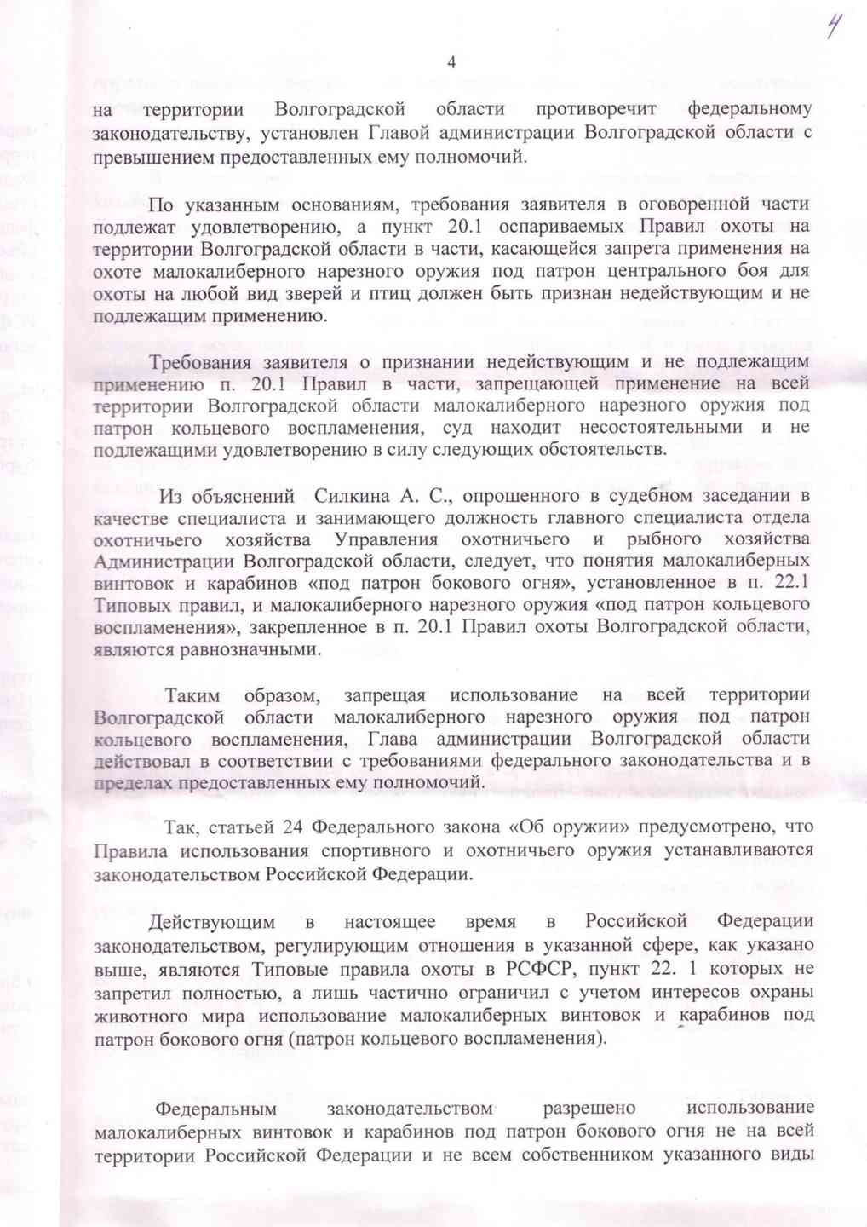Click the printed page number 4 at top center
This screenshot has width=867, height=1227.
[451, 62]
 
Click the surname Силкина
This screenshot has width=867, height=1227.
[351, 495]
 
